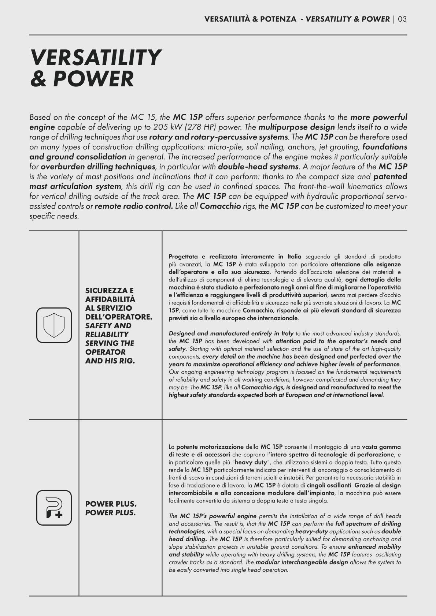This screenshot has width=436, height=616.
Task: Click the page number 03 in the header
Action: click(x=402, y=19)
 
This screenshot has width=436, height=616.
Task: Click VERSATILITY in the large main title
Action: click(x=96, y=58)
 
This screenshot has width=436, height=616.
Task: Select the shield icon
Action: click(x=54, y=325)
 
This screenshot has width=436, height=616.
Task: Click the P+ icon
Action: click(x=54, y=508)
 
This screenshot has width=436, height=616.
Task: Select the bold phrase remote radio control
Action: click(x=134, y=206)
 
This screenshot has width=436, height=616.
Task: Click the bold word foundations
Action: click(x=385, y=147)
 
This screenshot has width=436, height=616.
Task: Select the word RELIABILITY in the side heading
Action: click(x=107, y=335)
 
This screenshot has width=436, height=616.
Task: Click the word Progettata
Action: click(x=182, y=257)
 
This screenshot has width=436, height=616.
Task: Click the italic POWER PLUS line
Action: click(x=110, y=513)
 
